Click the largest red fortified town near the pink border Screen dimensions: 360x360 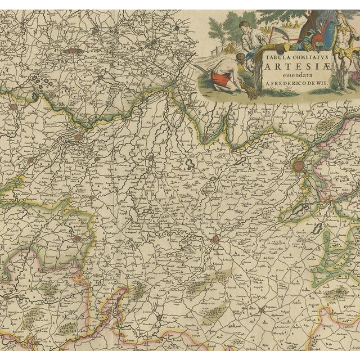(298, 166)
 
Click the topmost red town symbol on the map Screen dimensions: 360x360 (72, 49)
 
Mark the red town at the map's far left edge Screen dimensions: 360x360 (12, 105)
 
